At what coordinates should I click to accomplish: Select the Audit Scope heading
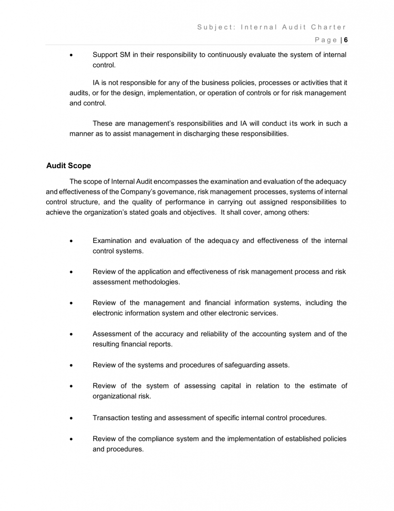(x=69, y=165)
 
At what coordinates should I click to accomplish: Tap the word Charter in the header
(x=329, y=27)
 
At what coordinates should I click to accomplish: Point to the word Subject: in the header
(x=214, y=27)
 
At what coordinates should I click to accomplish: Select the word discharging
(x=199, y=134)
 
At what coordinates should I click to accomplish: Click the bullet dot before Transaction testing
(x=73, y=418)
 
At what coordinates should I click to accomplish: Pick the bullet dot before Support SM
(x=73, y=55)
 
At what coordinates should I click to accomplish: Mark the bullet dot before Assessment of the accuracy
(x=73, y=334)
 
